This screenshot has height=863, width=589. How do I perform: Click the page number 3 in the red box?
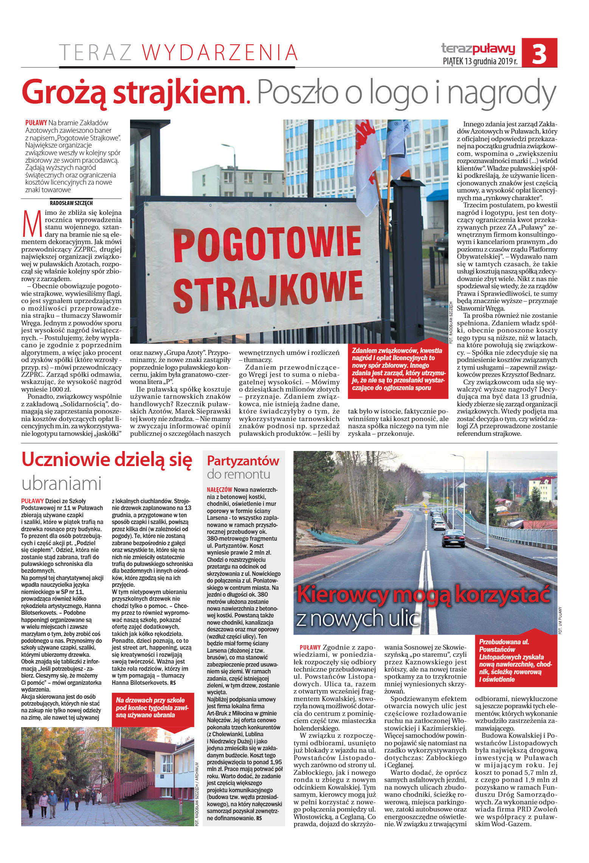click(539, 53)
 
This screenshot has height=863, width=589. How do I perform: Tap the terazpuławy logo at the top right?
click(478, 48)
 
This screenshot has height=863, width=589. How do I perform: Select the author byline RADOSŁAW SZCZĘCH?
click(71, 203)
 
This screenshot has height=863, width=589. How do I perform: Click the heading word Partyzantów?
click(243, 460)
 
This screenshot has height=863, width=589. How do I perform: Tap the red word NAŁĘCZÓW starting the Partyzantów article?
click(220, 489)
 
